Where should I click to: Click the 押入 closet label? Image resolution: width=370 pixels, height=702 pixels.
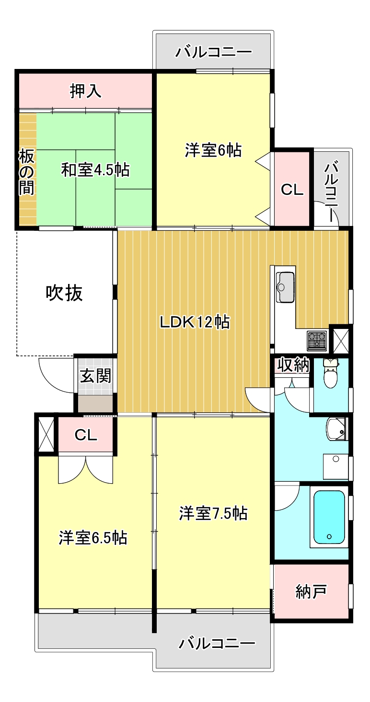coord(86,91)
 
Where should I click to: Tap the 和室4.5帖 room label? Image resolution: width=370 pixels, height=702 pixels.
coord(95,170)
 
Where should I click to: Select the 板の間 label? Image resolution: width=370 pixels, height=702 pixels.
coord(27,172)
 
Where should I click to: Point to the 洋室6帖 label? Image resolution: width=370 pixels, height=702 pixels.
coord(213,150)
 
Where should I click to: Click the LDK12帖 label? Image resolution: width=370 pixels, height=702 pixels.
coord(195,322)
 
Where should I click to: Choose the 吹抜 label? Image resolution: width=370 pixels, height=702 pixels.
coord(64,293)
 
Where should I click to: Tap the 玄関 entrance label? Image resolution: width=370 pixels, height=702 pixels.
coord(95,376)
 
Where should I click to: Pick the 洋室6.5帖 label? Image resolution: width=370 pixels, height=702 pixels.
coord(93,538)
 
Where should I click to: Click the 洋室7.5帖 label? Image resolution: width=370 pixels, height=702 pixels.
coord(213,513)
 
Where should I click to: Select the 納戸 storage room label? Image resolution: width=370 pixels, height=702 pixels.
coord(311,592)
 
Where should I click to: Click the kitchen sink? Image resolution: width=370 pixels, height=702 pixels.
coord(286,287)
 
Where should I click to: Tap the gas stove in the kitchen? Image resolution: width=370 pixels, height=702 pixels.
coord(317,340)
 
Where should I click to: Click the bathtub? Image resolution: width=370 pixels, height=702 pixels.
coord(329,517)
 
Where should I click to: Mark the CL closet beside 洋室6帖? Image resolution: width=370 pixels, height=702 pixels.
coord(292,190)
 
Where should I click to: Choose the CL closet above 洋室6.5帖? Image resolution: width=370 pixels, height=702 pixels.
coord(86,435)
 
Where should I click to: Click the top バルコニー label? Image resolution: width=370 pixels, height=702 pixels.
coord(213,52)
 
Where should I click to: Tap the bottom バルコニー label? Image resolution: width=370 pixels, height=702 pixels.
coord(217,644)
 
